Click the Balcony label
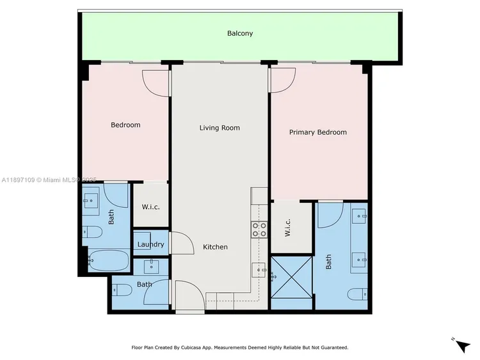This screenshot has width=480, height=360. pos(240,33)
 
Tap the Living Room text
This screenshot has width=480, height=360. pos(220,128)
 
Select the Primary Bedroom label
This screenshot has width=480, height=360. pos(318,132)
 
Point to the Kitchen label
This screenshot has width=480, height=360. pos(215,247)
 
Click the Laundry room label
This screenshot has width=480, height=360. pos(151,244)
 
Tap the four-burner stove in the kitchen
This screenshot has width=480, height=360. pos(259,230)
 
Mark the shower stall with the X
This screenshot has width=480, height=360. pos(291,277)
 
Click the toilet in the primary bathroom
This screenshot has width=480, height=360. pos(357,294)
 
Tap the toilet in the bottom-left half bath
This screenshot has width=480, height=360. pos(124,290)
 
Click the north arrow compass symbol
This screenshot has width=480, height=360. pos(461,345)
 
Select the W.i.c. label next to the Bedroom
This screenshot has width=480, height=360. pos(151,207)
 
